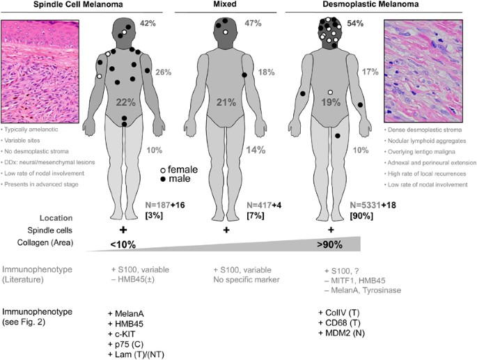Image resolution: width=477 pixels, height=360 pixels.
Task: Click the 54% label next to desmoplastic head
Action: click(x=357, y=24)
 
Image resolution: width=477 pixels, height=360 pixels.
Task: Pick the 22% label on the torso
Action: click(x=126, y=103)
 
